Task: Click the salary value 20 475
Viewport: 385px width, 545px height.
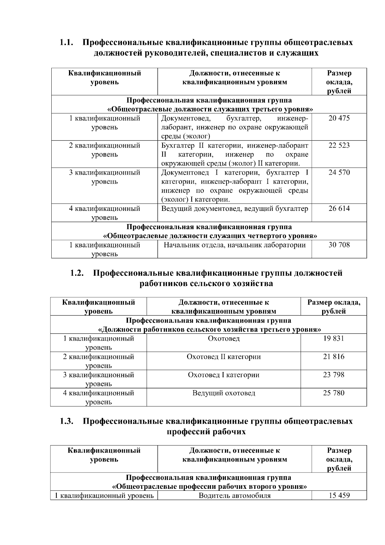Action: pyautogui.click(x=339, y=118)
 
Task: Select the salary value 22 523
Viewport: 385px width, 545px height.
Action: pyautogui.click(x=339, y=145)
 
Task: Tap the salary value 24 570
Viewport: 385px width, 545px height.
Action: pyautogui.click(x=339, y=173)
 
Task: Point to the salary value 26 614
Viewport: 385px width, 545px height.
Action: pyautogui.click(x=339, y=209)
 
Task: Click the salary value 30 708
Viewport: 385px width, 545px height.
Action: pyautogui.click(x=339, y=245)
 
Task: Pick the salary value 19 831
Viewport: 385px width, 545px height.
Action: pyautogui.click(x=334, y=338)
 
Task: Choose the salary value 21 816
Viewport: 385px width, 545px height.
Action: pyautogui.click(x=334, y=357)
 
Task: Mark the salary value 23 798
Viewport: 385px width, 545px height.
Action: pyautogui.click(x=334, y=375)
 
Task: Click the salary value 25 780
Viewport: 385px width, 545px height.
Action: pyautogui.click(x=334, y=393)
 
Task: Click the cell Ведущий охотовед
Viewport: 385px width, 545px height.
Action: pyautogui.click(x=224, y=393)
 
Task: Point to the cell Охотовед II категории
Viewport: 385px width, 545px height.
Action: pyautogui.click(x=224, y=357)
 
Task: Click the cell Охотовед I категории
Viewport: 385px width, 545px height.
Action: pyautogui.click(x=224, y=375)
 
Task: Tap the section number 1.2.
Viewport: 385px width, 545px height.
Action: pyautogui.click(x=77, y=273)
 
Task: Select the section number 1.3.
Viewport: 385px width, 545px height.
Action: pyautogui.click(x=66, y=421)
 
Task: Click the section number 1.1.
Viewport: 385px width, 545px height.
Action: pyautogui.click(x=66, y=42)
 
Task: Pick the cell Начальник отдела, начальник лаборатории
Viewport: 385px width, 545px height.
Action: pyautogui.click(x=235, y=245)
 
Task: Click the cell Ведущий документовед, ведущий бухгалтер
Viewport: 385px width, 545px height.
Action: pyautogui.click(x=235, y=209)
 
